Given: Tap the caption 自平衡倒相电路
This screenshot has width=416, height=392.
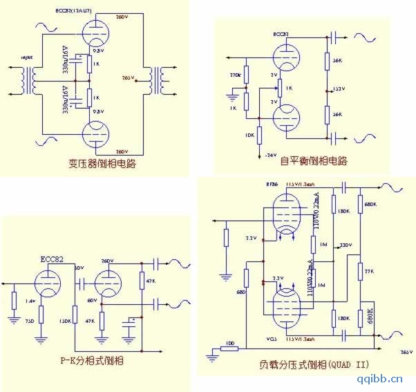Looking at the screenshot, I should tap(313, 161).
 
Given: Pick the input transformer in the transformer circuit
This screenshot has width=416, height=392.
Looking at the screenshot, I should tap(28, 81).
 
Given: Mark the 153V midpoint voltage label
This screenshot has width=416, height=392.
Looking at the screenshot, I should tap(339, 89).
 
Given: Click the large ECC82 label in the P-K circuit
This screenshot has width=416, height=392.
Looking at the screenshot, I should tap(53, 259).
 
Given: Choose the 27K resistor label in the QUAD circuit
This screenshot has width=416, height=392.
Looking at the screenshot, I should tap(370, 271).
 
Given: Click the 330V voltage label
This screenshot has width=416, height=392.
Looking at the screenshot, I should tap(346, 245).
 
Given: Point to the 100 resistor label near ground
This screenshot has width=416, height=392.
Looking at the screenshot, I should tap(229, 344).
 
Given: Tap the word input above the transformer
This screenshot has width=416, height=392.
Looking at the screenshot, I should tap(27, 58).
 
